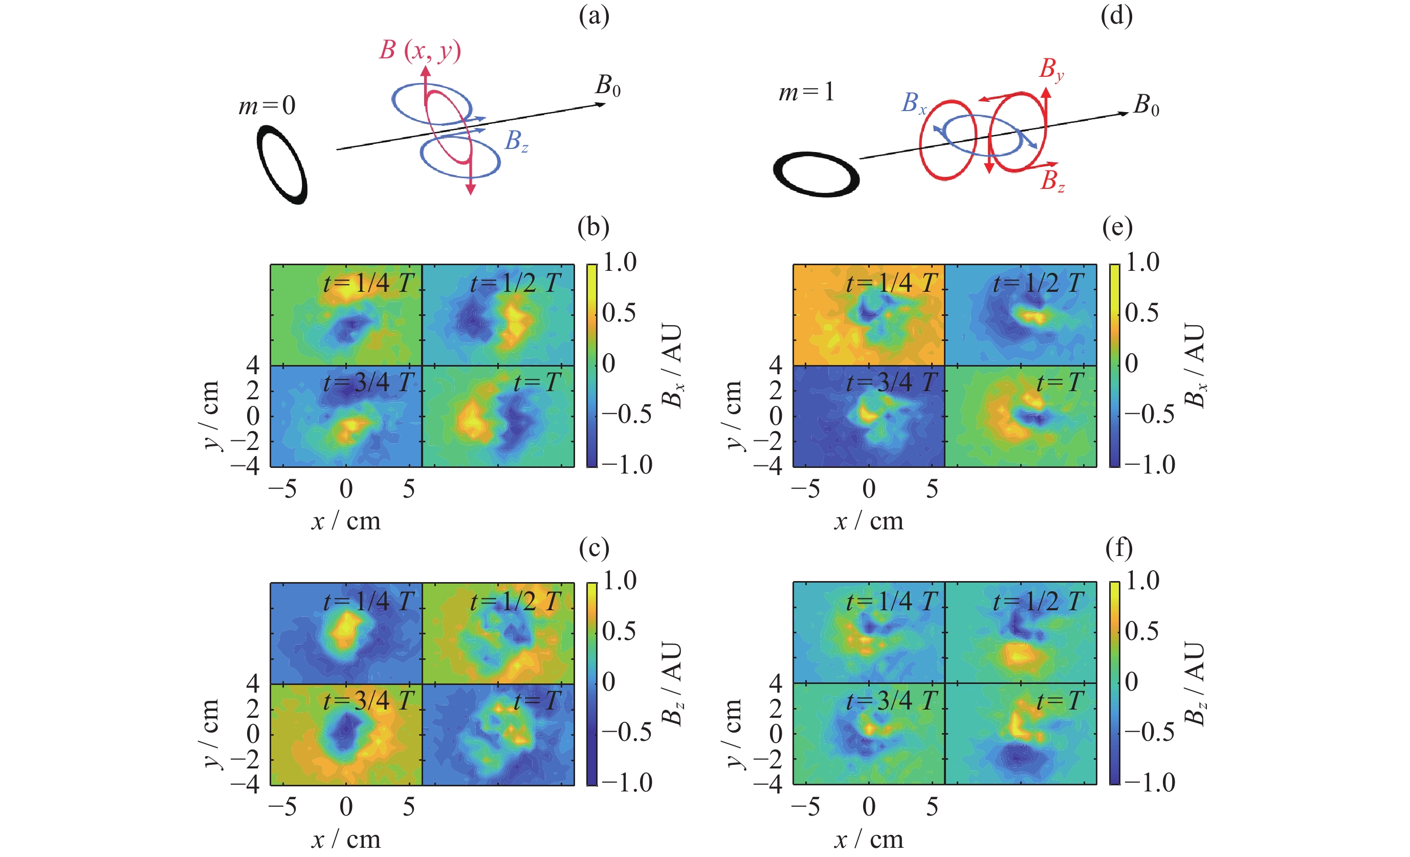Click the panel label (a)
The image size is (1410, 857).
(x=594, y=16)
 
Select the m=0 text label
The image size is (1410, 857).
(x=267, y=106)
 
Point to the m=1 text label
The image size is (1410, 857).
(x=806, y=92)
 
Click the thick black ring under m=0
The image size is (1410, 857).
(x=282, y=165)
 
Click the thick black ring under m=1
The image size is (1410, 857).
(x=816, y=175)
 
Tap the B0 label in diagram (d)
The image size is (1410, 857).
(x=1146, y=105)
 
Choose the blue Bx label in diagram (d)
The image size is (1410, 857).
(x=913, y=103)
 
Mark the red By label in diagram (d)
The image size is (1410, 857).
(x=1051, y=69)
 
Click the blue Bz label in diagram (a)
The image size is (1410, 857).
(x=516, y=141)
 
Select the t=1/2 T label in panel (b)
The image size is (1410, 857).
(x=515, y=283)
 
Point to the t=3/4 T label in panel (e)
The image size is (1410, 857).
(x=892, y=382)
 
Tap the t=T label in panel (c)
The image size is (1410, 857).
(x=536, y=701)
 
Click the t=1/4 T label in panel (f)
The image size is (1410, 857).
(x=892, y=601)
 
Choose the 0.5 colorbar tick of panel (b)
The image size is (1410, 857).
(x=619, y=313)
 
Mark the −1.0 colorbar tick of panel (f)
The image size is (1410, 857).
(x=1150, y=783)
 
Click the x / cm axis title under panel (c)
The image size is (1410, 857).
(x=346, y=839)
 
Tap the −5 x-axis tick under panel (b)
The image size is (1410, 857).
(x=283, y=489)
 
